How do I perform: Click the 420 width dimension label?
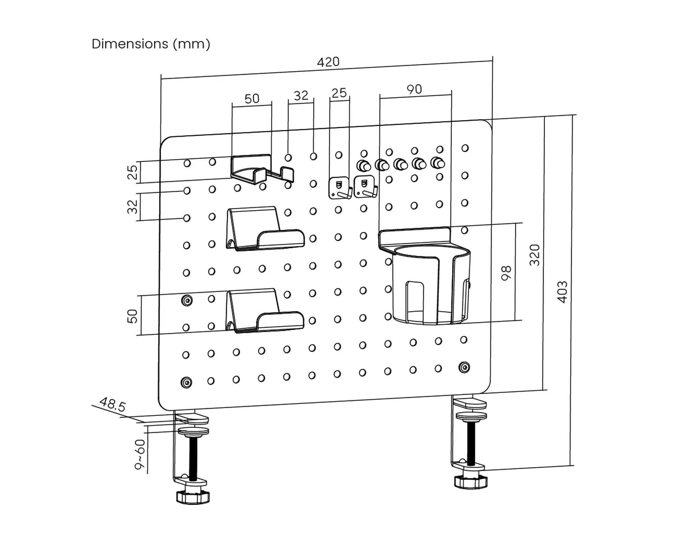(x=328, y=62)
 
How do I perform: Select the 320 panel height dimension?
(x=535, y=255)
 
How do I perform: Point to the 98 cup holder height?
(x=506, y=273)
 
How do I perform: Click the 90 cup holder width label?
(x=414, y=89)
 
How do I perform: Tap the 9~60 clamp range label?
(x=139, y=454)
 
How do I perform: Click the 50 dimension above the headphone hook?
(x=252, y=99)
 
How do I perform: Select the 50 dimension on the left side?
(x=132, y=316)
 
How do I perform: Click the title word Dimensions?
(x=130, y=44)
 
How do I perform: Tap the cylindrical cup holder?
(x=431, y=285)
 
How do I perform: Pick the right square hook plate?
(x=365, y=187)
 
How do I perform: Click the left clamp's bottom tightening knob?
(x=193, y=497)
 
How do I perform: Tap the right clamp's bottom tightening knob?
(x=471, y=482)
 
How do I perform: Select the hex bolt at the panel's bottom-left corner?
(x=186, y=382)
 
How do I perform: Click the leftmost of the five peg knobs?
(x=364, y=166)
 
